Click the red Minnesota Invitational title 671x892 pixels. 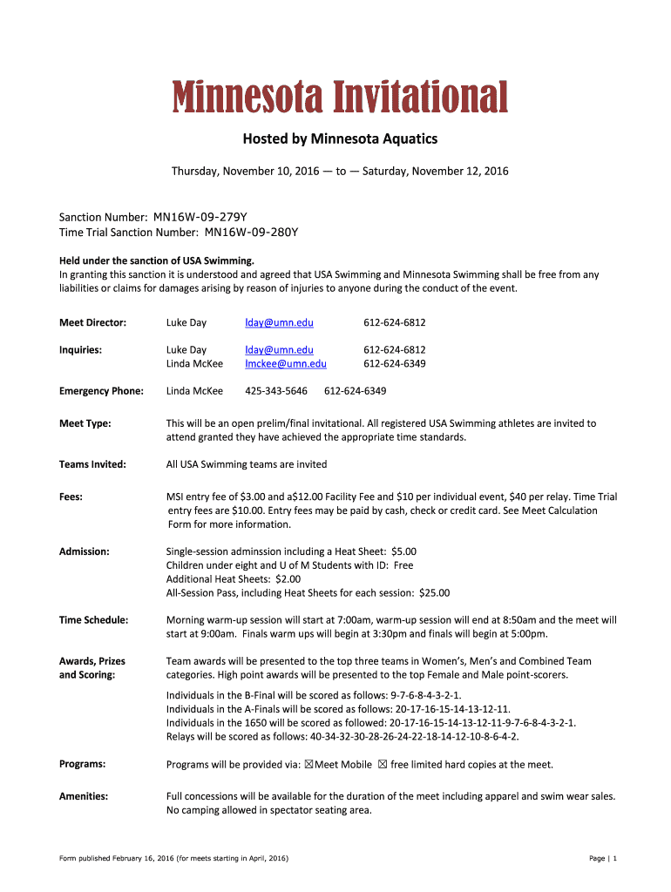pyautogui.click(x=339, y=98)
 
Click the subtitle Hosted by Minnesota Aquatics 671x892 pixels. pyautogui.click(x=339, y=139)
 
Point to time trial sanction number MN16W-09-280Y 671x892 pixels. pyautogui.click(x=252, y=233)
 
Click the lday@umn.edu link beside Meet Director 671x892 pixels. pyautogui.click(x=279, y=323)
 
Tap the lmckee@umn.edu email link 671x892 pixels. pyautogui.click(x=286, y=364)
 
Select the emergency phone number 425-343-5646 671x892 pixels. pyautogui.click(x=276, y=391)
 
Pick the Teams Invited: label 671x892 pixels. pyautogui.click(x=92, y=464)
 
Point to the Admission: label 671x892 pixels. pyautogui.click(x=84, y=551)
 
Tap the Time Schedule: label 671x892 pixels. pyautogui.click(x=93, y=620)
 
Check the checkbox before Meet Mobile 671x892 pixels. pyautogui.click(x=309, y=765)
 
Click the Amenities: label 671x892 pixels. pyautogui.click(x=84, y=796)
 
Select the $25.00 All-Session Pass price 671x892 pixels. pyautogui.click(x=434, y=593)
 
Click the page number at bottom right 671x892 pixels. pyautogui.click(x=603, y=859)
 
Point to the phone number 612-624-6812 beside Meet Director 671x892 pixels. pyautogui.click(x=394, y=323)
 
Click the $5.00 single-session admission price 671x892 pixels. pyautogui.click(x=404, y=551)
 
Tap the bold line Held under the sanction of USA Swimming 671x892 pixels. pyautogui.click(x=157, y=260)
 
